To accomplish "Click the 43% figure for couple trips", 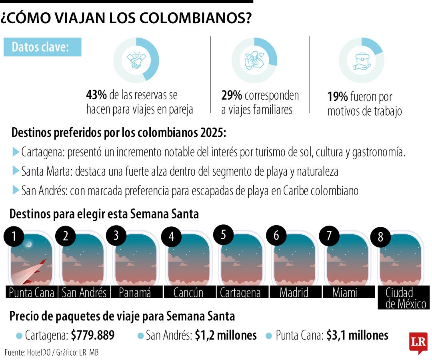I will (x=96, y=95).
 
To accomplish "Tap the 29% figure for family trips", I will (x=232, y=95).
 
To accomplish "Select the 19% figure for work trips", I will (x=337, y=97).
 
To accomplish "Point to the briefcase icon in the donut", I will (x=361, y=61).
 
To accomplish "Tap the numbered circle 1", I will (x=14, y=237).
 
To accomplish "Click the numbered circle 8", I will (x=381, y=237).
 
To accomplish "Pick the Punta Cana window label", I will (x=32, y=292).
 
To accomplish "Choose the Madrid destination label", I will (x=294, y=292).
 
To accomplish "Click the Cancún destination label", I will (x=188, y=292).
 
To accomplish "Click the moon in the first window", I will (x=28, y=243).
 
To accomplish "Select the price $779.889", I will (x=93, y=335).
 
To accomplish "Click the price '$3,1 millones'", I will (x=357, y=335).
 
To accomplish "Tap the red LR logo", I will (x=418, y=342).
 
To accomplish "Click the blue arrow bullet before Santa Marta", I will (x=16, y=171).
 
